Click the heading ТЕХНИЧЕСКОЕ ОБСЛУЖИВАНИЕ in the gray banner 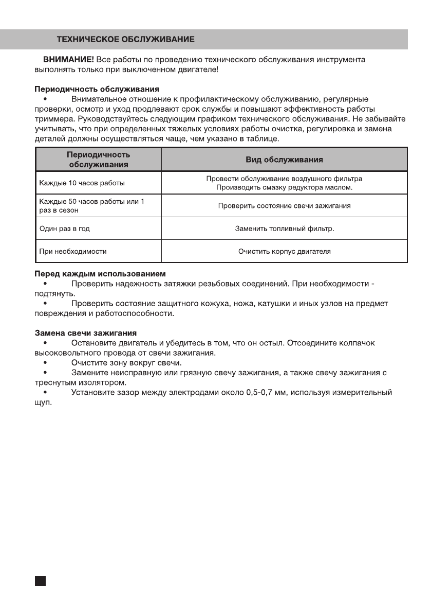[125, 39]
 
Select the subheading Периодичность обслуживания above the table [97, 89]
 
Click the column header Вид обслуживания [284, 160]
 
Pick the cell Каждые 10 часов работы [82, 183]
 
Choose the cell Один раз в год [65, 229]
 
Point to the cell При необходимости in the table [73, 252]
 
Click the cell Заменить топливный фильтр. [284, 229]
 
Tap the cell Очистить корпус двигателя [284, 252]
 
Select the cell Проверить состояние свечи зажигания [284, 205]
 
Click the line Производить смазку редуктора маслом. [284, 187]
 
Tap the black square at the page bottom [41, 581]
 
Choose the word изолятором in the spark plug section [107, 383]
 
